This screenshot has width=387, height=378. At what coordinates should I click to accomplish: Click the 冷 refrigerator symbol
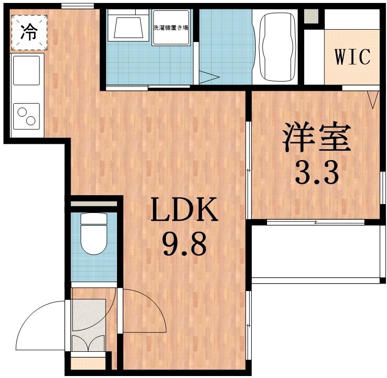29,33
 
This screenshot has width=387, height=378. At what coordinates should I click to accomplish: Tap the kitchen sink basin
27,70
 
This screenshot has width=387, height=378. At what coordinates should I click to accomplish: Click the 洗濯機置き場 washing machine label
170,28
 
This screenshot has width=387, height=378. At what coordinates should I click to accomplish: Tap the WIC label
352,57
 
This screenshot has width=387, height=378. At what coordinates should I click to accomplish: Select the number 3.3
316,172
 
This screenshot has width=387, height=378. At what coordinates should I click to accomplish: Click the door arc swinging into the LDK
143,309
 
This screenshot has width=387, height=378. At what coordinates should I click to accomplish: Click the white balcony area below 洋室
316,252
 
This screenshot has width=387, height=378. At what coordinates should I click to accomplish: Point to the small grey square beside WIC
311,17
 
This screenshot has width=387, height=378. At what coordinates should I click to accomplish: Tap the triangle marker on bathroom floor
210,78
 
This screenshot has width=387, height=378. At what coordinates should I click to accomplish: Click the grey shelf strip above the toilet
94,203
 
